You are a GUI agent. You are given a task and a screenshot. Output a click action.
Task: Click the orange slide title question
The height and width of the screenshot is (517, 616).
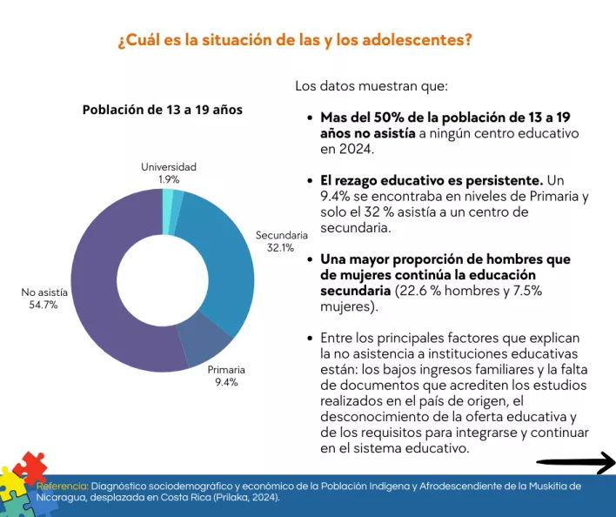point(295,41)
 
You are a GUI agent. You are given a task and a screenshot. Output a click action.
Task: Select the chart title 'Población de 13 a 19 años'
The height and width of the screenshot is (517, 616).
point(162,110)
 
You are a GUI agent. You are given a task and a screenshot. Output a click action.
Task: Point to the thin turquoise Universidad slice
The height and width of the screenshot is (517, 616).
point(168,200)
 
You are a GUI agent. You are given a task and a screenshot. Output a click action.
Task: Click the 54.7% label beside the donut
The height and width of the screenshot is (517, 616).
point(44,305)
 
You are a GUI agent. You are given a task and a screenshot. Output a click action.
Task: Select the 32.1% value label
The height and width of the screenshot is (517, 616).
point(280,247)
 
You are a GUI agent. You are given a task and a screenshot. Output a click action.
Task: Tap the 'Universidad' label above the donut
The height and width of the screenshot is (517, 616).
point(169,166)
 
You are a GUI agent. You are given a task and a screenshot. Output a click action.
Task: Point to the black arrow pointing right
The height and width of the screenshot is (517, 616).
point(575,462)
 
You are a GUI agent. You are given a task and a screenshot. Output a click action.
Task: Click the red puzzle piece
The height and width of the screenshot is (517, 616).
point(30,467)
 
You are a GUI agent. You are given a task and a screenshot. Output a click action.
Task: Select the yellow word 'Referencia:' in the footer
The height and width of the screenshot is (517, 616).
point(62,486)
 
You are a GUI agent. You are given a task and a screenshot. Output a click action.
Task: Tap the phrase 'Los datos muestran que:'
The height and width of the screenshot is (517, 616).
point(372,86)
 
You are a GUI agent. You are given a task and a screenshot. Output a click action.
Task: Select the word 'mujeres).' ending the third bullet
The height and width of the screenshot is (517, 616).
point(349,306)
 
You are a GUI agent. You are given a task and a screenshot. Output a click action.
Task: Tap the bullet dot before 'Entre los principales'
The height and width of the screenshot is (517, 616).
point(311,339)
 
